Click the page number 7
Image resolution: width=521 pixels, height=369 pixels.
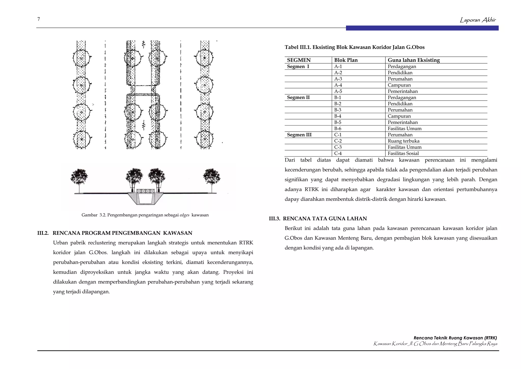pyautogui.click(x=39, y=19)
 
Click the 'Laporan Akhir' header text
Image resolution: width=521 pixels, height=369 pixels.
pyautogui.click(x=478, y=20)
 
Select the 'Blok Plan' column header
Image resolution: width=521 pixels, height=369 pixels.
pyautogui.click(x=346, y=60)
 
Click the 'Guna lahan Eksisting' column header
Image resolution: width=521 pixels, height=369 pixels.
pyautogui.click(x=414, y=60)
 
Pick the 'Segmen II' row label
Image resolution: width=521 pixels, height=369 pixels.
pyautogui.click(x=298, y=98)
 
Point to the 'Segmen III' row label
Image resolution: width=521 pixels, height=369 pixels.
pyautogui.click(x=299, y=135)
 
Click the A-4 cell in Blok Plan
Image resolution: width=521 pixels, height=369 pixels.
pyautogui.click(x=338, y=85)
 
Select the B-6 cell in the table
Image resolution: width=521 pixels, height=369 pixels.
pyautogui.click(x=338, y=129)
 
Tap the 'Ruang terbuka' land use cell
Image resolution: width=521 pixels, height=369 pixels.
pyautogui.click(x=403, y=141)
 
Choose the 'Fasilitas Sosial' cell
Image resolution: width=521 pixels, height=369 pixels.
pyautogui.click(x=403, y=153)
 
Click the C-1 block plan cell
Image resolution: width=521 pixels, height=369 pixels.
pyautogui.click(x=338, y=135)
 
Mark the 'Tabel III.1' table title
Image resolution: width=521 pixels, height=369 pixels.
pyautogui.click(x=354, y=47)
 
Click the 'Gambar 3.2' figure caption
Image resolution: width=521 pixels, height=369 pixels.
pyautogui.click(x=145, y=215)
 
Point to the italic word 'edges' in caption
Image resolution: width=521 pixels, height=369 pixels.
pyautogui.click(x=184, y=215)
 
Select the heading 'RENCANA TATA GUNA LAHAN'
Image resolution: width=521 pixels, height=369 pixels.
pyautogui.click(x=325, y=219)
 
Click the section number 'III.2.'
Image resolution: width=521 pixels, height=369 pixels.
pyautogui.click(x=43, y=233)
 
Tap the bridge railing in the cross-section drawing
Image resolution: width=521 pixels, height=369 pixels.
pyautogui.click(x=146, y=191)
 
